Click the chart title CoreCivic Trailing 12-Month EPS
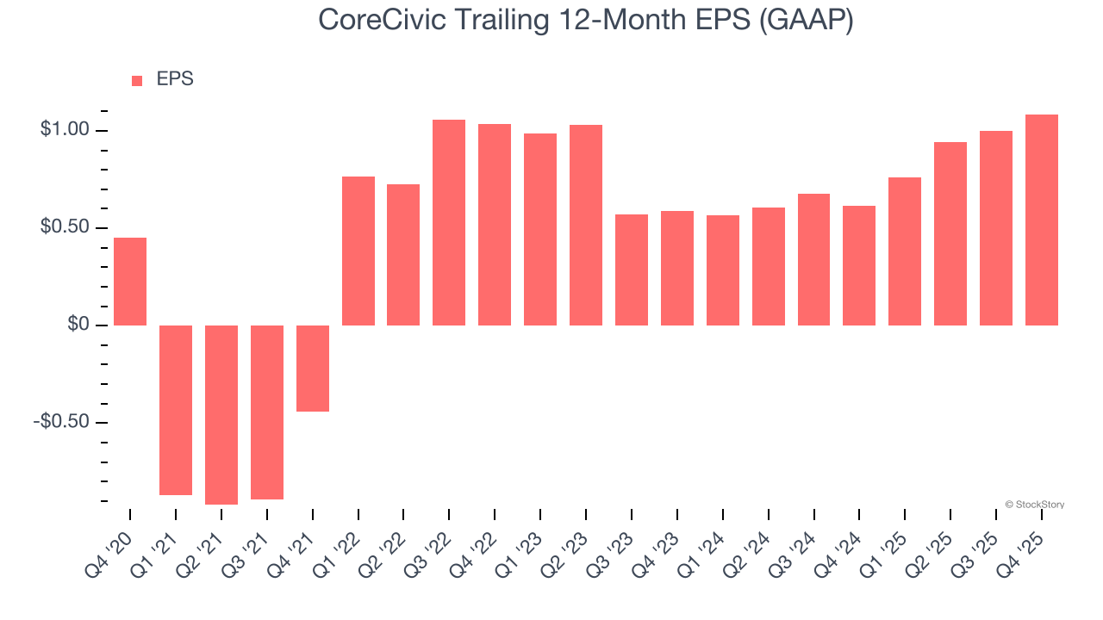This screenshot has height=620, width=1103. [586, 21]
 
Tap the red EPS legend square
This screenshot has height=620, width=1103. [137, 80]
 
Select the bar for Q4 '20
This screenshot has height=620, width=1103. [130, 282]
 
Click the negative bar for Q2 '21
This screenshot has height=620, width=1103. [221, 414]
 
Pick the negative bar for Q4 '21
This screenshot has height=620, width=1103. [313, 368]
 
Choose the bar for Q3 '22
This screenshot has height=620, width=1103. [449, 222]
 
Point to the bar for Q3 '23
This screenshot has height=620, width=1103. [632, 270]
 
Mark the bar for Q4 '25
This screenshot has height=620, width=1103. [1042, 220]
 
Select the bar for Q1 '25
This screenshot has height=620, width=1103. [905, 251]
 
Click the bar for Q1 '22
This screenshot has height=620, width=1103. [358, 251]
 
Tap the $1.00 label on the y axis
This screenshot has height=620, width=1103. [65, 130]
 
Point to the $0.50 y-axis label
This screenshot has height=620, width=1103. [65, 227]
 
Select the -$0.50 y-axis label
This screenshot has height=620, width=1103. [62, 422]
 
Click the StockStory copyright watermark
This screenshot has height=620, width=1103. [1034, 505]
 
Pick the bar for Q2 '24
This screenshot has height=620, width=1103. [769, 266]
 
